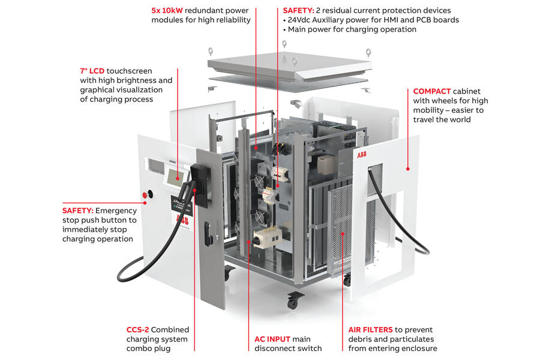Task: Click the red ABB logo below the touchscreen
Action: point(182,220)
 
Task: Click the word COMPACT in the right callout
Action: point(431,91)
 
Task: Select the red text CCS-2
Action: point(137,329)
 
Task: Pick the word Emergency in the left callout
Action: point(116,211)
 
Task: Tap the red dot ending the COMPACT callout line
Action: point(408,169)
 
